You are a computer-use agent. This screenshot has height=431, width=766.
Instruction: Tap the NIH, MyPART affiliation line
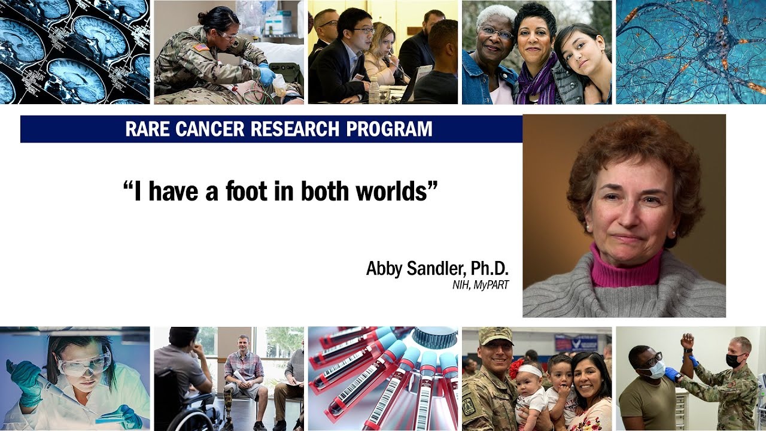(481, 286)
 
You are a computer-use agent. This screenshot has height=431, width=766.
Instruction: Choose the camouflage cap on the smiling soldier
(496, 336)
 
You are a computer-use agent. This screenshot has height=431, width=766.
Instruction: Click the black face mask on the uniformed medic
(734, 360)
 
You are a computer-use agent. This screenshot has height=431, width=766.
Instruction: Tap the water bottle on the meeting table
(374, 91)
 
